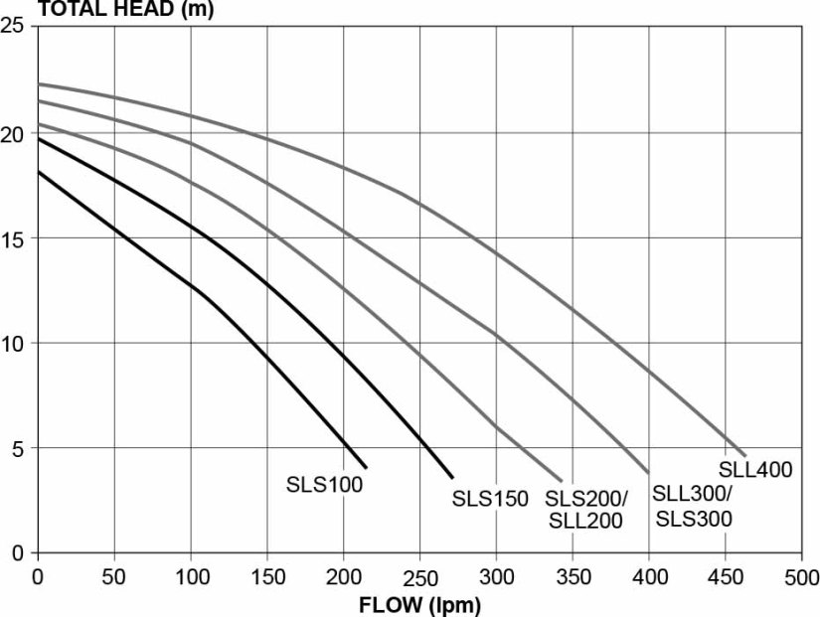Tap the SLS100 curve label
tap(324, 485)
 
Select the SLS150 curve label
tap(490, 499)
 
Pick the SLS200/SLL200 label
tap(584, 509)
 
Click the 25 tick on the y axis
tap(14, 27)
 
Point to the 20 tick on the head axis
tap(14, 133)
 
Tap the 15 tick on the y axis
tap(14, 238)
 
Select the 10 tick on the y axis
tap(14, 344)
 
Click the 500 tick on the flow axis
tap(801, 576)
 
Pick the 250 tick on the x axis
tap(419, 576)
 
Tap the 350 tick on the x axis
tap(573, 576)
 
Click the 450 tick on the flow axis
tap(726, 576)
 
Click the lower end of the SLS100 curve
tap(367, 468)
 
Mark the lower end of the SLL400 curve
tap(744, 455)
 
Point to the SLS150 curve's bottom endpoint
tap(452, 477)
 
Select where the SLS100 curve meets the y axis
tap(38, 172)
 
